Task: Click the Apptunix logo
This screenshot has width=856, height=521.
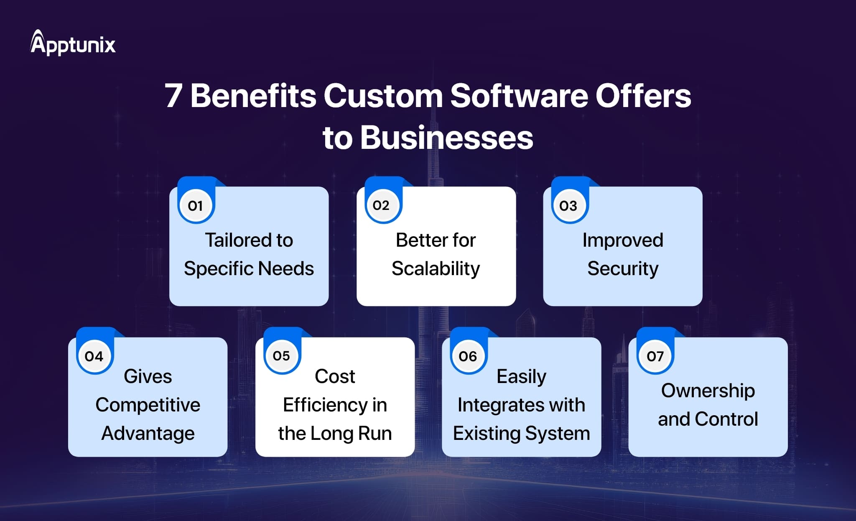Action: click(73, 43)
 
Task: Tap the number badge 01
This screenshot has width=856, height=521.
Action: click(195, 205)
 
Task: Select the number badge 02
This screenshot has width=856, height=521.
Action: click(381, 205)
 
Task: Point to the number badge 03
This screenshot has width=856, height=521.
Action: click(568, 205)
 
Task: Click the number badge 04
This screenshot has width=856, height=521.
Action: click(94, 356)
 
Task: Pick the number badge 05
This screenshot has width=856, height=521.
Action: click(281, 356)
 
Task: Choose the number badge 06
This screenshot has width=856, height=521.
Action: click(468, 356)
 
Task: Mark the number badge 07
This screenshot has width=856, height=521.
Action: click(655, 356)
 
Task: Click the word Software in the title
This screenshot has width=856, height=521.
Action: click(519, 96)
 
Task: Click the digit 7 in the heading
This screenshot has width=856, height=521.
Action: click(173, 96)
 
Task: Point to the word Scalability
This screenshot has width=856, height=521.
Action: click(436, 269)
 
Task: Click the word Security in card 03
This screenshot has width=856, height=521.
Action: click(623, 269)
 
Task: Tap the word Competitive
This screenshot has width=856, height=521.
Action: click(148, 405)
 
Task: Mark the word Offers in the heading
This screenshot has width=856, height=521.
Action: click(643, 96)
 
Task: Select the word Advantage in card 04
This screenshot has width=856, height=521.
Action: click(148, 434)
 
